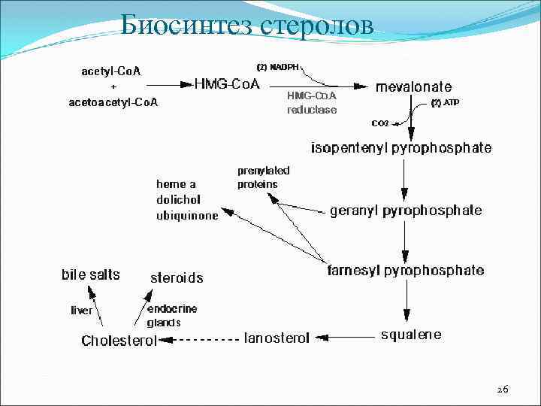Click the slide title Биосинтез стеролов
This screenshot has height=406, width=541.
tap(247, 27)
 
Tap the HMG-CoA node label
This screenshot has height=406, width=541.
tap(227, 85)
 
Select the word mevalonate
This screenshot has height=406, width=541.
tap(414, 86)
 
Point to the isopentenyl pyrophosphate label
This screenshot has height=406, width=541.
tap(402, 147)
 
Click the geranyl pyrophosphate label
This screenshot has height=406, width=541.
tap(406, 211)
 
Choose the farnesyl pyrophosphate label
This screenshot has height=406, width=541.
tap(406, 270)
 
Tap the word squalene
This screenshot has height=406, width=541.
tap(410, 335)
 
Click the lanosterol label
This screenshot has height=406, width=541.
tap(277, 338)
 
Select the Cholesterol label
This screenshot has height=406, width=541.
tap(119, 341)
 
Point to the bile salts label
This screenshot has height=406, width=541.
tap(90, 275)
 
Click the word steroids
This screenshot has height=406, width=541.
tap(177, 278)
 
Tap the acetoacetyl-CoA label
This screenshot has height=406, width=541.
tap(113, 101)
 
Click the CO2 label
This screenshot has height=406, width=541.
tap(379, 123)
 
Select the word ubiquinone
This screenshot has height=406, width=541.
tap(187, 216)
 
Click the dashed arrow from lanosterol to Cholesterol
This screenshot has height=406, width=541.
tap(201, 340)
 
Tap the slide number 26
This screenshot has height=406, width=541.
tap(503, 389)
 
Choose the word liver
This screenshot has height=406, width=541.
tap(82, 310)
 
